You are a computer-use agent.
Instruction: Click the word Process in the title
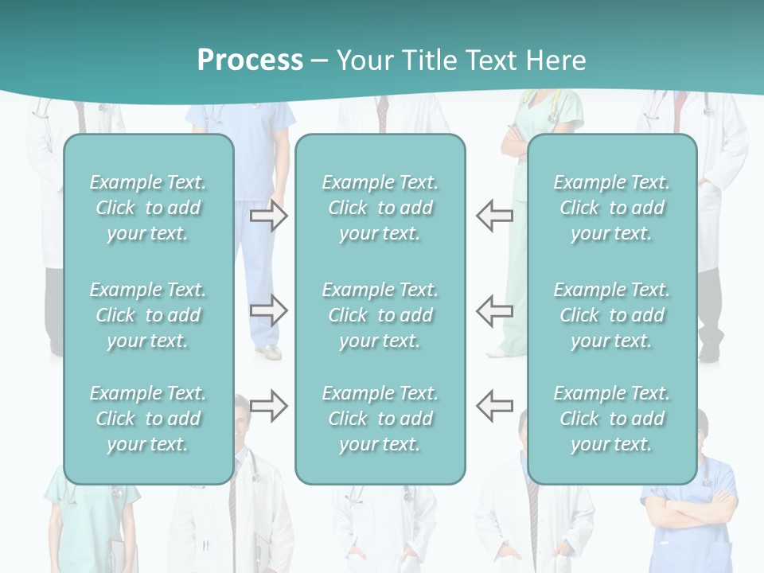click(250, 60)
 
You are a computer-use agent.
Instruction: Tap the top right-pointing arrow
click(268, 216)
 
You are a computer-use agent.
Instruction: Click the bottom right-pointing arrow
click(268, 405)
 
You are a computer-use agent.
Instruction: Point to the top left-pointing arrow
click(494, 216)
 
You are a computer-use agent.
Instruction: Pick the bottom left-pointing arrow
click(494, 405)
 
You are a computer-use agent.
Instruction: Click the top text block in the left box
click(148, 208)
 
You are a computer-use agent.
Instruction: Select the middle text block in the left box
click(148, 315)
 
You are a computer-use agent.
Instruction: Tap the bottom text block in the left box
click(148, 419)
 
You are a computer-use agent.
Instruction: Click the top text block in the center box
click(380, 208)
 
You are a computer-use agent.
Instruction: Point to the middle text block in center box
click(380, 315)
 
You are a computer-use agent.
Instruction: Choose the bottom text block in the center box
click(380, 419)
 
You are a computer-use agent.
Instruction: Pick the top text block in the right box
click(611, 208)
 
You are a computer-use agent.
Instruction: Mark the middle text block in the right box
click(611, 315)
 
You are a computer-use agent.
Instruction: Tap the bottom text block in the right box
click(611, 419)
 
